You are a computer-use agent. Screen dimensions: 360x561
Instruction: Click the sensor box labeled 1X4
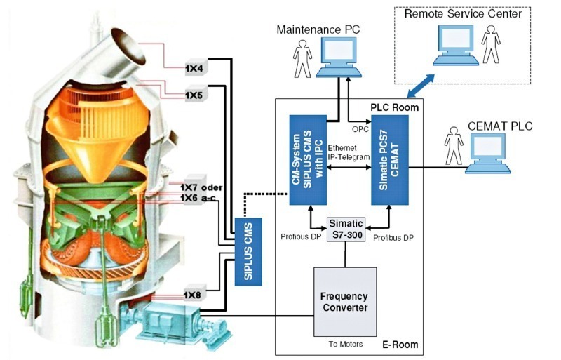click(x=194, y=69)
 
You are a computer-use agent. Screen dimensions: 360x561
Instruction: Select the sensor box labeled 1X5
click(x=194, y=94)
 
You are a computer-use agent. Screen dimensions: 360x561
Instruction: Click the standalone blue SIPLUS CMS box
click(x=248, y=251)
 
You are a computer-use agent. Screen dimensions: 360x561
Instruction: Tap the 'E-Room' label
click(x=400, y=345)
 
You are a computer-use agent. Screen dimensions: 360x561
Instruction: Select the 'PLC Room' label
click(x=394, y=107)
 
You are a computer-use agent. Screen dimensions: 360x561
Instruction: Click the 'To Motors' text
click(x=349, y=344)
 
